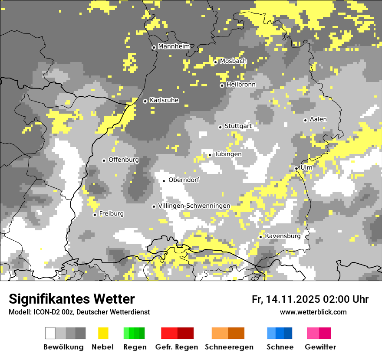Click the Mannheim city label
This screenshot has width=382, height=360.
tap(174, 46)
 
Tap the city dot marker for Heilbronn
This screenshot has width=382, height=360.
tap(222, 85)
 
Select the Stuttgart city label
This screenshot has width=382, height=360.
tap(238, 126)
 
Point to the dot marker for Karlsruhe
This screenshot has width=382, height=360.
tap(145, 101)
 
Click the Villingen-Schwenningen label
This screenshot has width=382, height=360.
tap(194, 206)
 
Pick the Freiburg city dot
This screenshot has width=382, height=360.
tap(95, 215)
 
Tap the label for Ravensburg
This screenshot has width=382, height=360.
tap(283, 236)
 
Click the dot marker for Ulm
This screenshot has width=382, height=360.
tap(296, 169)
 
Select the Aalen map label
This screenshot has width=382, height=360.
tap(318, 119)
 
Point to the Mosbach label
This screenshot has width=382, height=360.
tap(233, 61)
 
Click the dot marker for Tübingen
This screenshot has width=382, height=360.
tap(210, 155)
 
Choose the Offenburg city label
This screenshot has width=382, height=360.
tap(124, 160)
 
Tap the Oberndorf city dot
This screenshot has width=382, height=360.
tap(164, 181)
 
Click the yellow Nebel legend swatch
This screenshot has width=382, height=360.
tap(103, 333)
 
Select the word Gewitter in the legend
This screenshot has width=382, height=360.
tap(320, 347)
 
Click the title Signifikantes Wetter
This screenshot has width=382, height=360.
tap(72, 299)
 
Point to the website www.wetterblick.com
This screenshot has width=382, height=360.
tap(313, 312)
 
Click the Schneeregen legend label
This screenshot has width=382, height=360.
tap(229, 347)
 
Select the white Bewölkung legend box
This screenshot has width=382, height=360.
tap(50, 333)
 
